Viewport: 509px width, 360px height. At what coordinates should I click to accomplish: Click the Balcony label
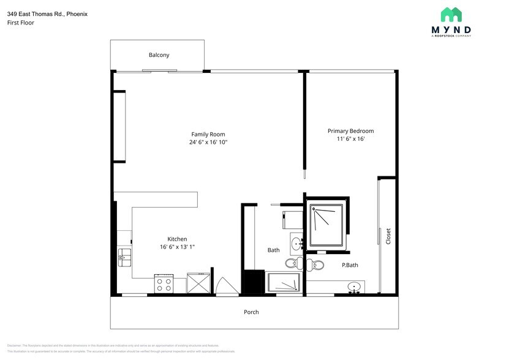pos(159,55)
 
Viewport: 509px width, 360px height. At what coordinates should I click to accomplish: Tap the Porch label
pos(251,312)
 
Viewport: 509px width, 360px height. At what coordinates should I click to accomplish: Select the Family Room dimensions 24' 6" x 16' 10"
pos(208,143)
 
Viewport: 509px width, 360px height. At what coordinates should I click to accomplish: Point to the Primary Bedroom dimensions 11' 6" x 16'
pos(350,139)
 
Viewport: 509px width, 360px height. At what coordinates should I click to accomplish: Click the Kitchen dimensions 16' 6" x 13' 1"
pos(177,247)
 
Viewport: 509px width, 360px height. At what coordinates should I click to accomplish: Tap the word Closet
pos(388,236)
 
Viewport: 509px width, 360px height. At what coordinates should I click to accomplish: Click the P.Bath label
pos(350,265)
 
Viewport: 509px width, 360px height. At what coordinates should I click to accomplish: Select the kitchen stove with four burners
pos(164,284)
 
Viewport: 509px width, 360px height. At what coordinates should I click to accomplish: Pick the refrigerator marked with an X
pos(197,284)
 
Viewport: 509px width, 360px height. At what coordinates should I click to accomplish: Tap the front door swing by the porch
pos(224,287)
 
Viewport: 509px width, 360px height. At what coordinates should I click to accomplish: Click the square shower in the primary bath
pos(327,226)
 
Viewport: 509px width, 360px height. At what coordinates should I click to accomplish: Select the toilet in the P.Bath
pos(315,264)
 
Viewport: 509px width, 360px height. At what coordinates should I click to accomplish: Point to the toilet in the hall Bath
pos(293,264)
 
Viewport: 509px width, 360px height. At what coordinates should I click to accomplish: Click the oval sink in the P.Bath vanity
pos(353,287)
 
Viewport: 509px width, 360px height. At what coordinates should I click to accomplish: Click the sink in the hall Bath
pos(296,244)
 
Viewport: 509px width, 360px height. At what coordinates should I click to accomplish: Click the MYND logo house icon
pos(451,15)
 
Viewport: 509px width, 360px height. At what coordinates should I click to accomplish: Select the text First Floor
pos(21,23)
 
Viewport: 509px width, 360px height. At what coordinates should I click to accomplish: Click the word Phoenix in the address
pos(77,13)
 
